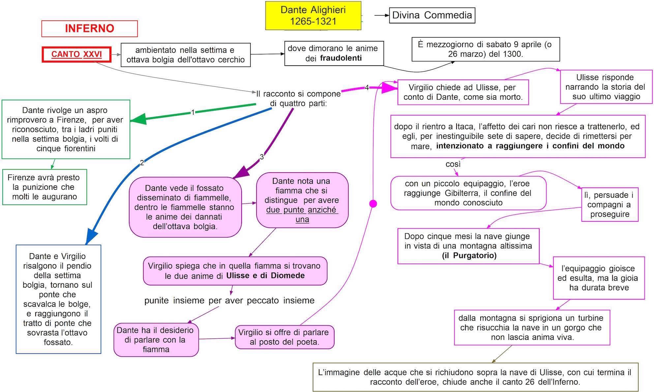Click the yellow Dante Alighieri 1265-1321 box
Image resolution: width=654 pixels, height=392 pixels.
pyautogui.click(x=313, y=16)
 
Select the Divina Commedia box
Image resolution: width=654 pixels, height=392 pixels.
pyautogui.click(x=432, y=15)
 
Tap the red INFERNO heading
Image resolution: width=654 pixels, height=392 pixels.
pyautogui.click(x=89, y=29)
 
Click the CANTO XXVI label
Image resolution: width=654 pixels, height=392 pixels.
pyautogui.click(x=76, y=54)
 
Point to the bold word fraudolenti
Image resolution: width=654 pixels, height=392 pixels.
pyautogui.click(x=341, y=58)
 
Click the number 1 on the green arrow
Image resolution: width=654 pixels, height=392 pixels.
pyautogui.click(x=193, y=113)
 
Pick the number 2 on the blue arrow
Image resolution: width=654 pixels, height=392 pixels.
pyautogui.click(x=142, y=163)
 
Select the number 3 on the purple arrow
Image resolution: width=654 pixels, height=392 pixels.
pyautogui.click(x=262, y=157)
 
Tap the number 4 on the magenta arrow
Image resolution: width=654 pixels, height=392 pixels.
pyautogui.click(x=367, y=88)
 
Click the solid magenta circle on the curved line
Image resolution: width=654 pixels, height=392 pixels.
pyautogui.click(x=373, y=204)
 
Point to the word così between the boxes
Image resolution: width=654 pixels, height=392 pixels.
pyautogui.click(x=453, y=164)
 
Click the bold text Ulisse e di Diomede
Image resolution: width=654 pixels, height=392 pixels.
pyautogui.click(x=265, y=276)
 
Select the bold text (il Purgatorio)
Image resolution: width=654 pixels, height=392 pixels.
pyautogui.click(x=469, y=255)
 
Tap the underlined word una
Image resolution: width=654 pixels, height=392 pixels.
pyautogui.click(x=302, y=219)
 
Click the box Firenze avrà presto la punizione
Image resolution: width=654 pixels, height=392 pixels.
pyautogui.click(x=45, y=187)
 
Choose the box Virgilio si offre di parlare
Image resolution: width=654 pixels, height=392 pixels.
pyautogui.click(x=284, y=337)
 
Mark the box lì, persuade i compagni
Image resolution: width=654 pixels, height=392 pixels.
pyautogui.click(x=609, y=205)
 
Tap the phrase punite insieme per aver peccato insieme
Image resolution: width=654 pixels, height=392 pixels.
pyautogui.click(x=229, y=301)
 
